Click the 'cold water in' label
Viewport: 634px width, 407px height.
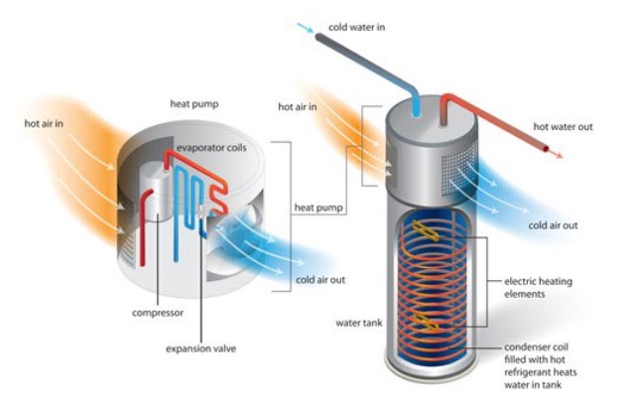[356, 27]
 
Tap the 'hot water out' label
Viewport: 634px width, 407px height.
[563, 127]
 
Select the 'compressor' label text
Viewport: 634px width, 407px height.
[158, 313]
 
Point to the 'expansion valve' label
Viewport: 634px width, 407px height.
[201, 348]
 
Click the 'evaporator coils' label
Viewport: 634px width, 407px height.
[211, 148]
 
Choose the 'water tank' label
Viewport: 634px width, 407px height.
[358, 323]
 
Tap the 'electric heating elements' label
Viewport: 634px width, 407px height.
[538, 287]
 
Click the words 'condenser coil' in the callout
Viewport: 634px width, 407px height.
[536, 347]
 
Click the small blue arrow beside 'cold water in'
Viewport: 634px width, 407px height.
[305, 28]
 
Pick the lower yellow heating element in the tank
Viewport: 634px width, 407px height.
[427, 322]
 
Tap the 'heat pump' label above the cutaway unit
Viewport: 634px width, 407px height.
[194, 104]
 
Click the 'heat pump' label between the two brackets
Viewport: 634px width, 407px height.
[318, 207]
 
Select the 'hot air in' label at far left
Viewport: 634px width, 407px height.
[44, 123]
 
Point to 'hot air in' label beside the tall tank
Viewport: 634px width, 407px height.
[298, 107]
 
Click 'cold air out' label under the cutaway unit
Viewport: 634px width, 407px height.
[320, 280]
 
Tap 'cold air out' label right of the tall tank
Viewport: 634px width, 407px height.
[553, 225]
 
